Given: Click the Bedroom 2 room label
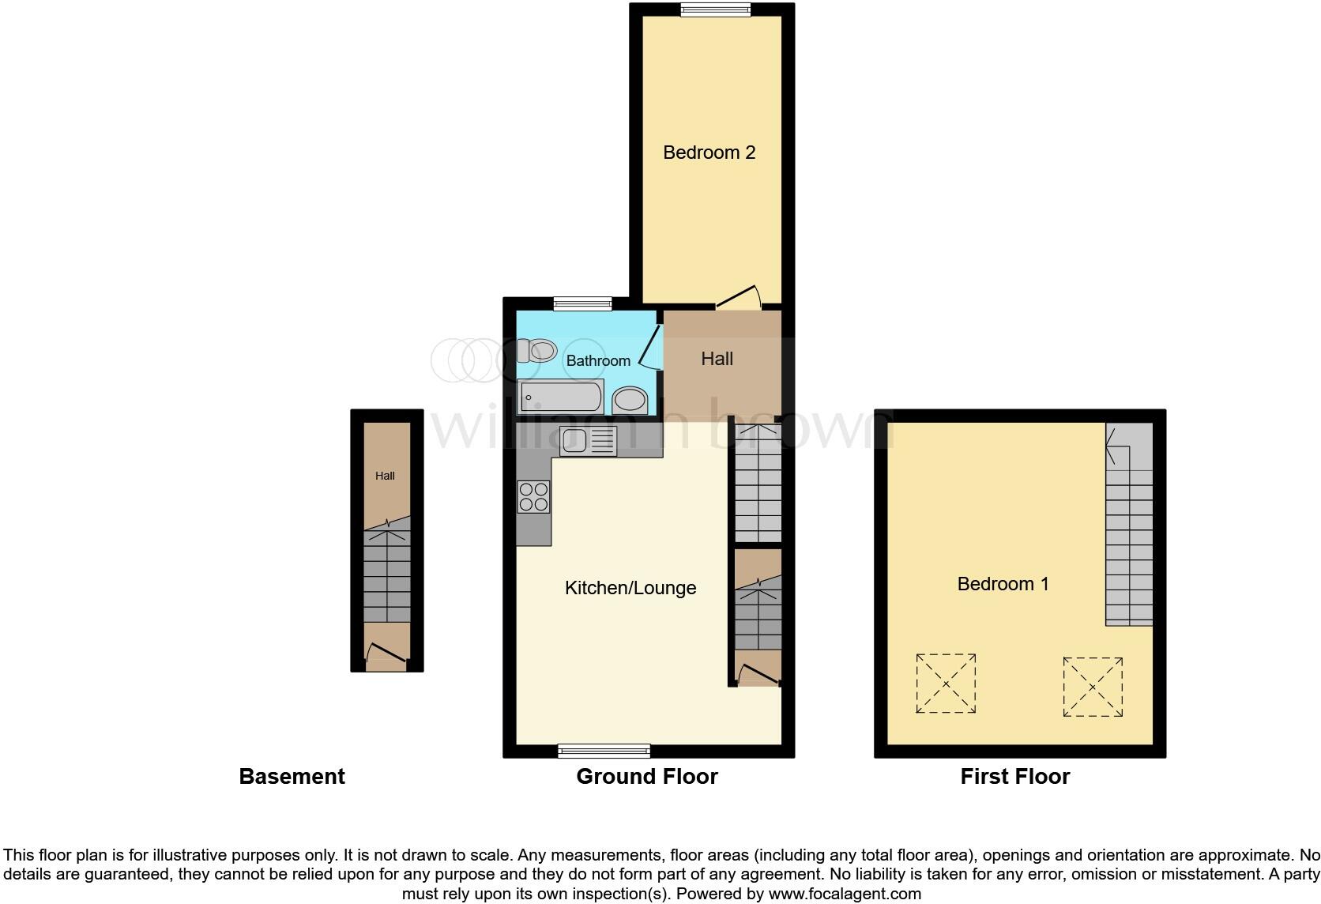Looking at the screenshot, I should click(709, 153).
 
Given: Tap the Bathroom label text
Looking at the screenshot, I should click(598, 361).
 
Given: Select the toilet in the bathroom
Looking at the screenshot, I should click(537, 349).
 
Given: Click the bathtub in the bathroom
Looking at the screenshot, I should click(561, 397).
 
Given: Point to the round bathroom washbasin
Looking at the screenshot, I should click(630, 400).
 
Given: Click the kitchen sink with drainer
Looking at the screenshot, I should click(588, 441).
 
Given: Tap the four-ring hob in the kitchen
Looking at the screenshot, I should click(533, 496).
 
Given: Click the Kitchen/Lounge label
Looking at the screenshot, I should click(630, 588).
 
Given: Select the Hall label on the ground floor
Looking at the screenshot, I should click(717, 359).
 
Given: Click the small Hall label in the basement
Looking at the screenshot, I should click(385, 476).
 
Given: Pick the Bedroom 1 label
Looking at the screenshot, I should click(1003, 584).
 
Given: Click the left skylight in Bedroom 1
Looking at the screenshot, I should click(946, 684).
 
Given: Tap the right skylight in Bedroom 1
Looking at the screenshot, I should click(1093, 687).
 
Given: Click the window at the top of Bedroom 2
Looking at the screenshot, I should click(715, 10).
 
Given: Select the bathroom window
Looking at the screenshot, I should click(582, 303).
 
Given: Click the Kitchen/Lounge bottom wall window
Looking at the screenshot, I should click(604, 751).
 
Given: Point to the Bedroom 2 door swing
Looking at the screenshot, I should click(739, 298).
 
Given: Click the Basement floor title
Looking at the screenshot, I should click(292, 777).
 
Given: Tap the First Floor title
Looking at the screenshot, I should click(1014, 777).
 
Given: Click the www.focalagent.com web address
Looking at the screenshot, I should click(844, 895).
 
